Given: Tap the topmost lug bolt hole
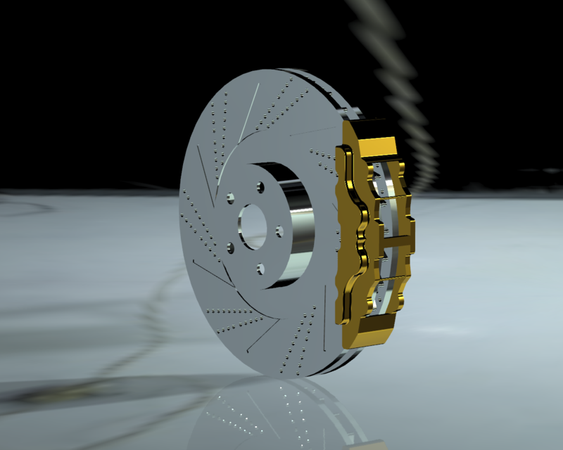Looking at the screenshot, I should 260,186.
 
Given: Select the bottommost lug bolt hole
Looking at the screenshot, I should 260,267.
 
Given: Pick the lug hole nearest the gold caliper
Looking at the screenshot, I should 279,230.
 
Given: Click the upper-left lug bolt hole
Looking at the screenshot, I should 230,199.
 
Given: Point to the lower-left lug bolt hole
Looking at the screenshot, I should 229,247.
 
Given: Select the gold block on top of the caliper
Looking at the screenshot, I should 379,148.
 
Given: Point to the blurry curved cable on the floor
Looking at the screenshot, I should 141,337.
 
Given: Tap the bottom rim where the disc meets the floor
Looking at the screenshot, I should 296,375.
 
